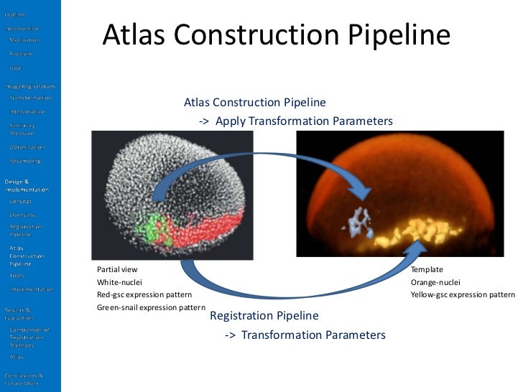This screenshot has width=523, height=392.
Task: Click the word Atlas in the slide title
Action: [136, 35]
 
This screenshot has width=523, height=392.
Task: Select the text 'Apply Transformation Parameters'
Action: [304, 121]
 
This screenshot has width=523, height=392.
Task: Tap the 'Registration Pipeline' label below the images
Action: [264, 316]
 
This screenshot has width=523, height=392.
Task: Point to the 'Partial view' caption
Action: [117, 269]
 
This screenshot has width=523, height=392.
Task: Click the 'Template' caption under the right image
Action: [427, 269]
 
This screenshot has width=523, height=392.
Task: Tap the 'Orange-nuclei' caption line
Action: [435, 282]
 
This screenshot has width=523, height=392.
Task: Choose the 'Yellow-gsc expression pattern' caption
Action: [463, 295]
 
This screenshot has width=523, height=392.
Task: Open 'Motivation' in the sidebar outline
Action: [24, 39]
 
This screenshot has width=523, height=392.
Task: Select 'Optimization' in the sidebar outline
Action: [27, 146]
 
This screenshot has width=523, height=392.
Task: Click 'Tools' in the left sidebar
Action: [17, 275]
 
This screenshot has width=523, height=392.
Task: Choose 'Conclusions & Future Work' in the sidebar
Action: [24, 379]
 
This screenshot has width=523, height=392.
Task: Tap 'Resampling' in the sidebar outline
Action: [25, 161]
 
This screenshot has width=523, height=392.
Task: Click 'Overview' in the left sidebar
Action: [22, 214]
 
